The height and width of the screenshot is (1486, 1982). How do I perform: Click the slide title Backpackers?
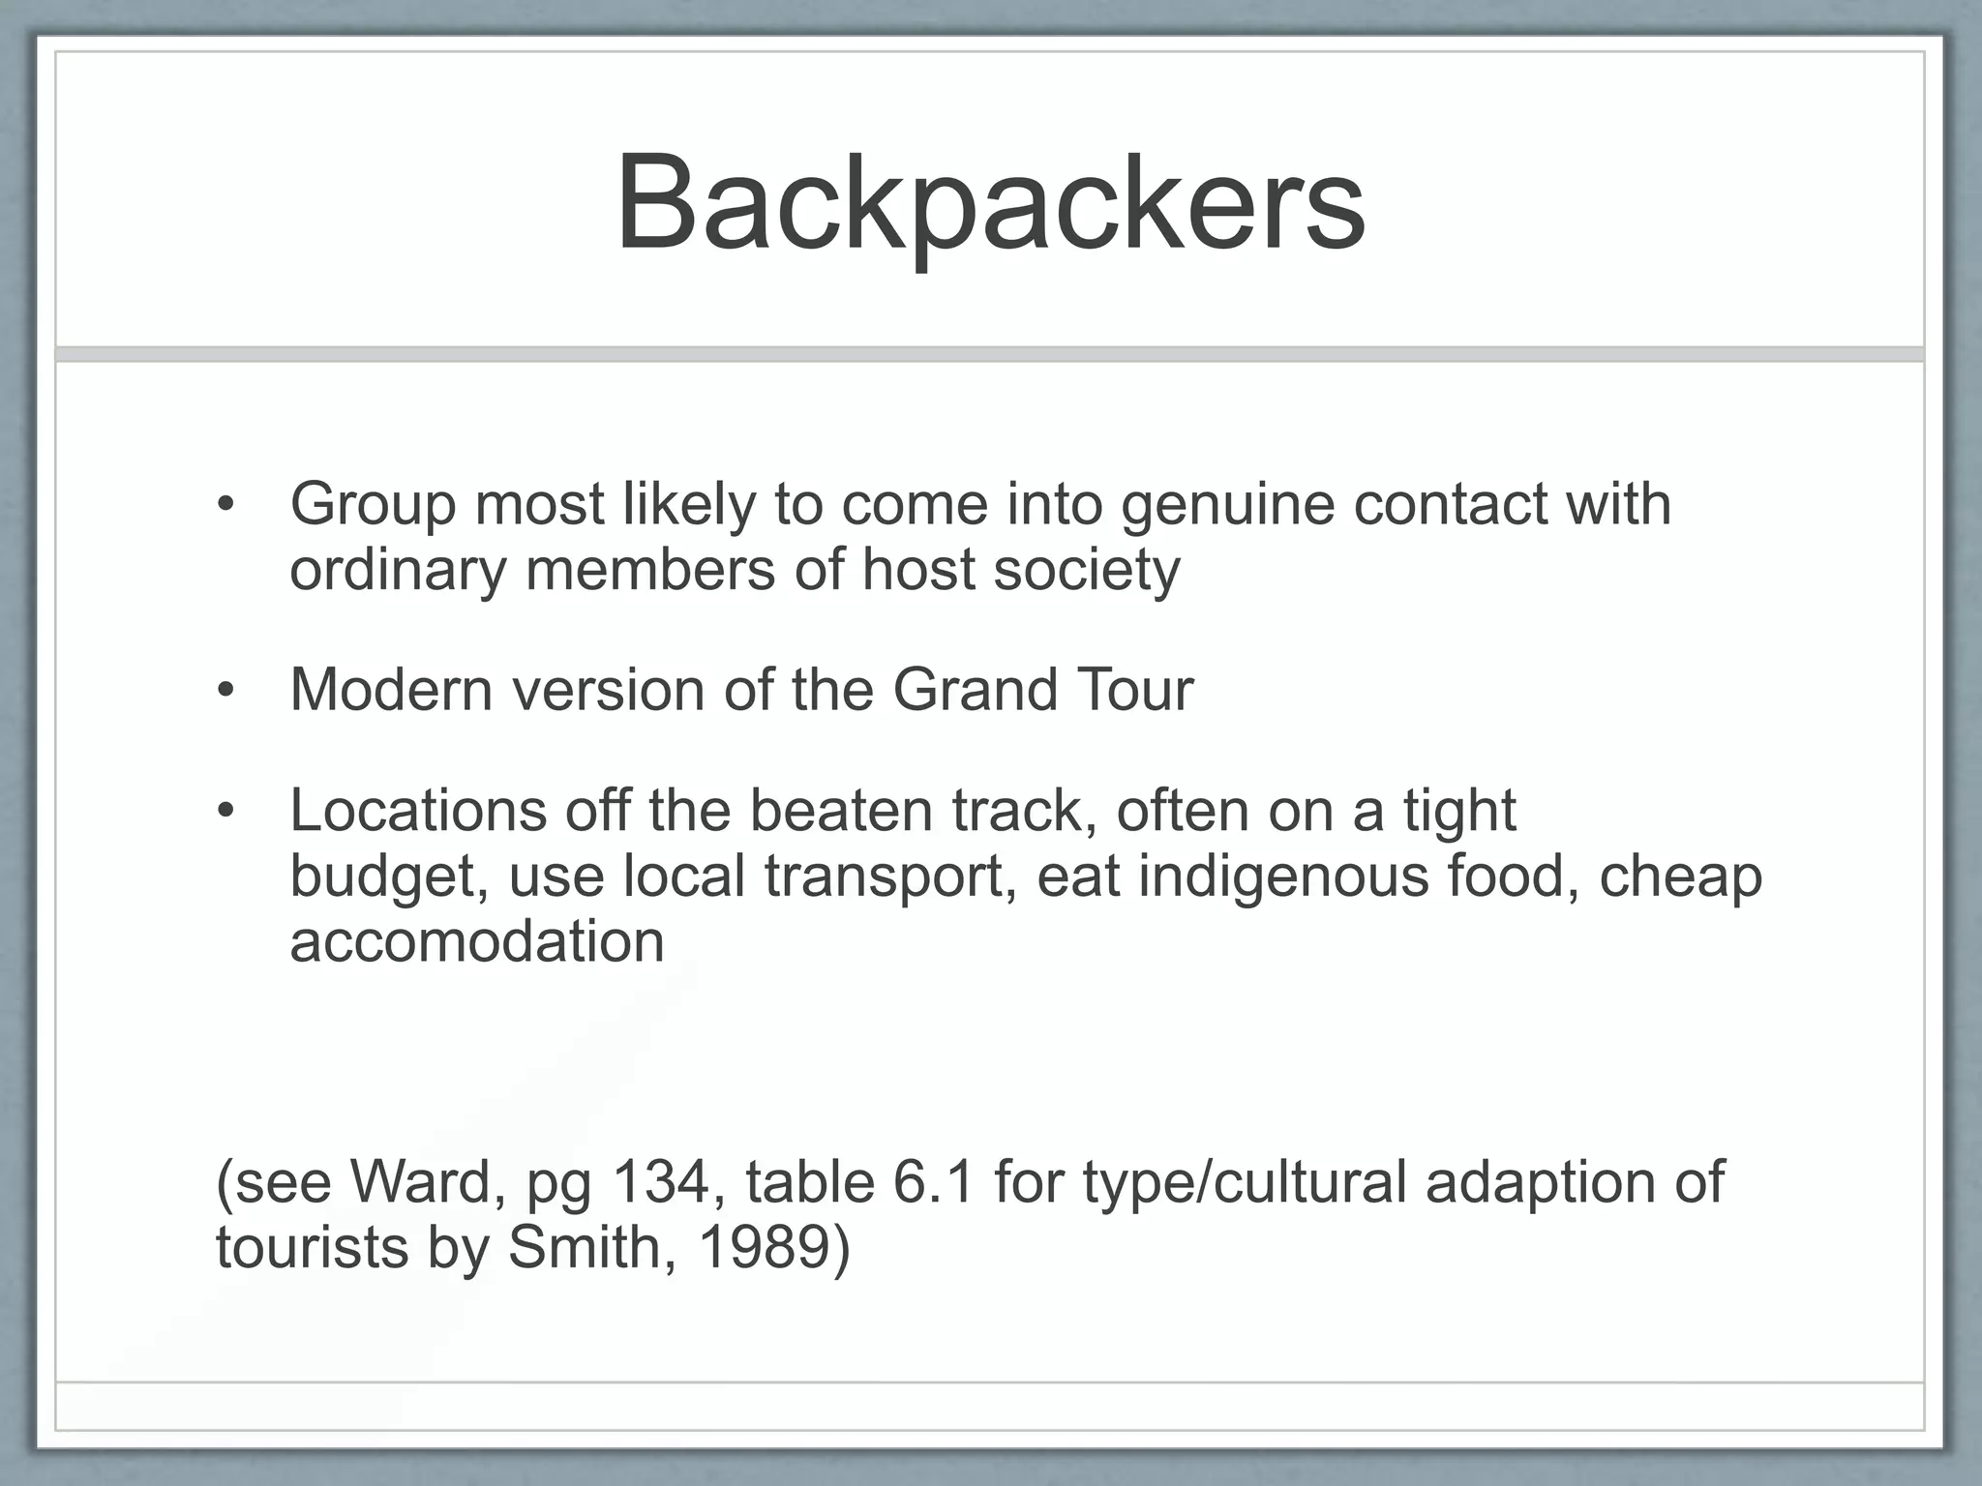[x=990, y=205]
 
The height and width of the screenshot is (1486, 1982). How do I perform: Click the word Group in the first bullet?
[x=373, y=505]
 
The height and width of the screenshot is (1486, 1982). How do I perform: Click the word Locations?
[x=418, y=810]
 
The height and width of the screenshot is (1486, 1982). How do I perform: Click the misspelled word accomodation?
[x=477, y=941]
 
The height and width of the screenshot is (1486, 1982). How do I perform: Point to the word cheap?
[x=1680, y=877]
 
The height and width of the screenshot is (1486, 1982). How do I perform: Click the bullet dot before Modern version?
[x=226, y=691]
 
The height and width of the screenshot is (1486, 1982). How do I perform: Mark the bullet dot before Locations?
[x=226, y=811]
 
